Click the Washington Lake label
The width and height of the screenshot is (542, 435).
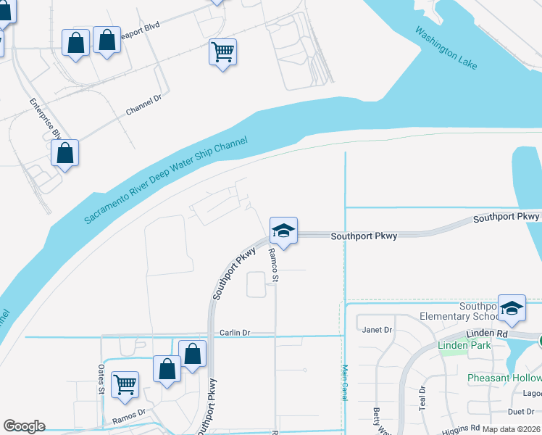(446, 49)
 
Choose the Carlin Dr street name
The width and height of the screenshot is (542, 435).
(234, 333)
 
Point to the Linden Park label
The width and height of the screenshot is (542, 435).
(464, 345)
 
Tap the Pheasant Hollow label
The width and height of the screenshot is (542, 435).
(504, 378)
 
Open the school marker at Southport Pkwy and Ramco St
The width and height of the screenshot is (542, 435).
(283, 232)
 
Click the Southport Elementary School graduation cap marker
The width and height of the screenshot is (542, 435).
(512, 308)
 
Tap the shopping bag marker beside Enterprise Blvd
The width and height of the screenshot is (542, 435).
(65, 154)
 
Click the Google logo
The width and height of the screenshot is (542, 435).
(24, 426)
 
